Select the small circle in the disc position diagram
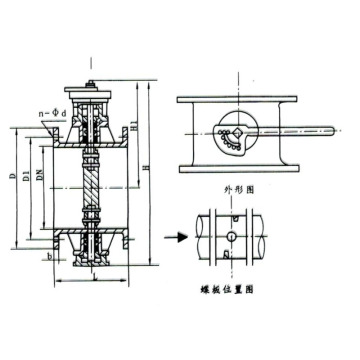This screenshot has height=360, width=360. click(x=232, y=237)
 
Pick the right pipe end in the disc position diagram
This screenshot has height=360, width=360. click(x=261, y=237)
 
